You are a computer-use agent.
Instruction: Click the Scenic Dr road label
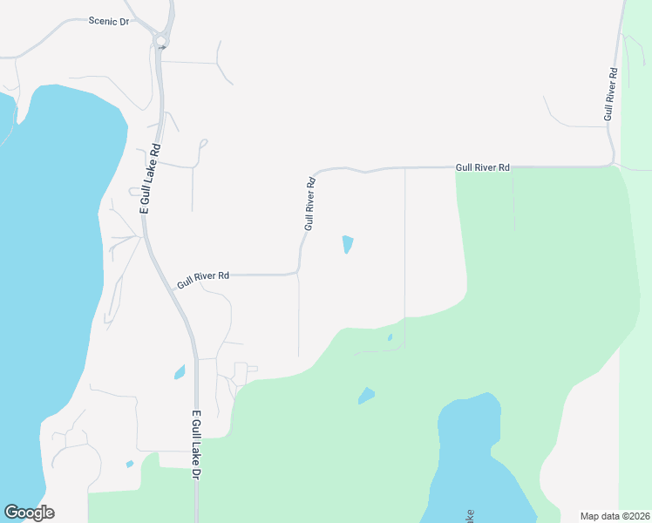point(109,21)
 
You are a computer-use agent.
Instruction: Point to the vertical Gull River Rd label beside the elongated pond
point(309,204)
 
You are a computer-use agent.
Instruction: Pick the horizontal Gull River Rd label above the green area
point(482,166)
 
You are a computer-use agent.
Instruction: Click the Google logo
point(29,513)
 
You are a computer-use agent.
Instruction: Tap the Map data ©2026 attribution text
point(615,516)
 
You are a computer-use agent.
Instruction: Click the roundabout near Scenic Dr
point(160,40)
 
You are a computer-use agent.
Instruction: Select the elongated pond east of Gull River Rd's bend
point(348,244)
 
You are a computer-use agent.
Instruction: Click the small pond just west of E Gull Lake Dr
point(180,373)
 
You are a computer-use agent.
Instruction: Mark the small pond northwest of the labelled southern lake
point(366,397)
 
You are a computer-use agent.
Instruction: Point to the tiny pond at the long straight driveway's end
point(390,337)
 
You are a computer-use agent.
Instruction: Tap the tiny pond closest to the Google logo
point(130,464)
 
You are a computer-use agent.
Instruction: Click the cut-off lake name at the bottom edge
point(471,516)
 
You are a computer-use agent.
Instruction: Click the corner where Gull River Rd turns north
point(299,273)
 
